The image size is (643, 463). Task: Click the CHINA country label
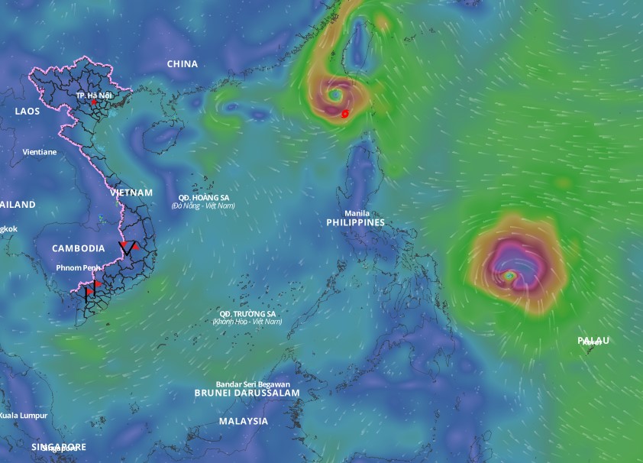183,64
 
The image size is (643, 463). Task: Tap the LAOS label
27,112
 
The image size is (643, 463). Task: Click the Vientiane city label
40,152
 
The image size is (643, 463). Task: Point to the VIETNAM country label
131,193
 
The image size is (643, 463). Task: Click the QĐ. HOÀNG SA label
203,197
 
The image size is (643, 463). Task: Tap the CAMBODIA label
79,248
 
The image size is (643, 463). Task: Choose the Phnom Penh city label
79,267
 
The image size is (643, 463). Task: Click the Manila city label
357,213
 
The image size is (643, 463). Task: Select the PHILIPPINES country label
356,222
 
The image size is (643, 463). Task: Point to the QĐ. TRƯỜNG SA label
247,313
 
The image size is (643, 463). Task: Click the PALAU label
593,340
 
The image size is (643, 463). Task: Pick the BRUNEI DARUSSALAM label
247,393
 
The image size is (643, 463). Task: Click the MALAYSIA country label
244,421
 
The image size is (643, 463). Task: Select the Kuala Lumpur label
23,415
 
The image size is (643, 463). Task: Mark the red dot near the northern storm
345,114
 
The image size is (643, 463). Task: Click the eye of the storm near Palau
509,275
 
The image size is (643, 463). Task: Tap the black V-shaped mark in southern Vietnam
128,248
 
